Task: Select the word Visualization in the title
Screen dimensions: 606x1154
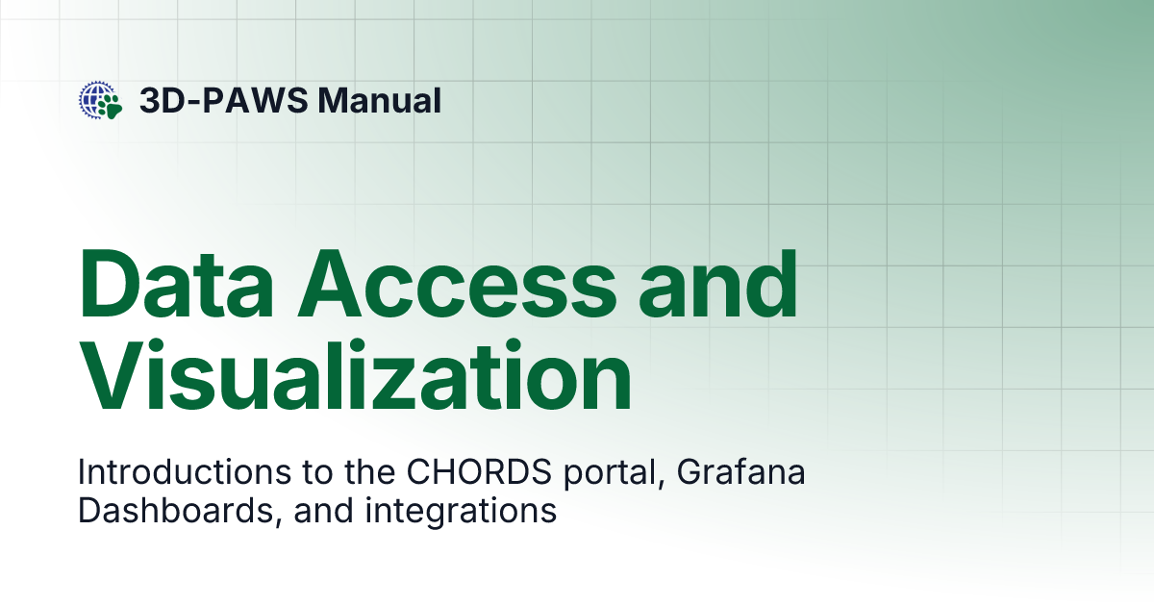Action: click(x=355, y=382)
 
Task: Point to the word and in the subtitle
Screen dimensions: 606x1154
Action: click(x=323, y=511)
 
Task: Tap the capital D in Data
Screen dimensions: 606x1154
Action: click(x=113, y=286)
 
